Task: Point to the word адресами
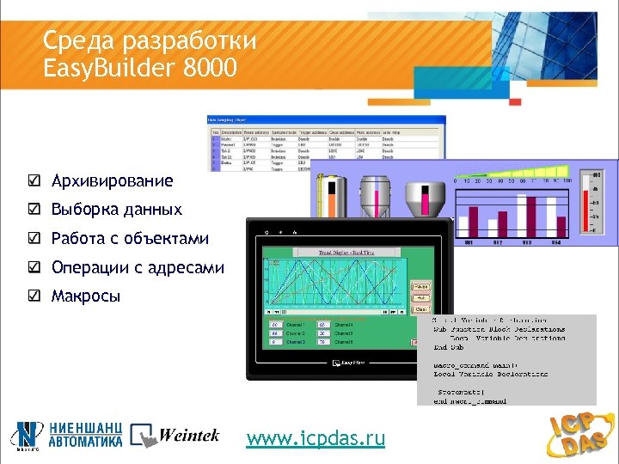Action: coord(188,268)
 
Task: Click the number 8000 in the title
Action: coord(209,66)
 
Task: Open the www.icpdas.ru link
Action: coord(316,439)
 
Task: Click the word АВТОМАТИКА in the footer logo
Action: coord(86,444)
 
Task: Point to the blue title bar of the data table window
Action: coord(326,120)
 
